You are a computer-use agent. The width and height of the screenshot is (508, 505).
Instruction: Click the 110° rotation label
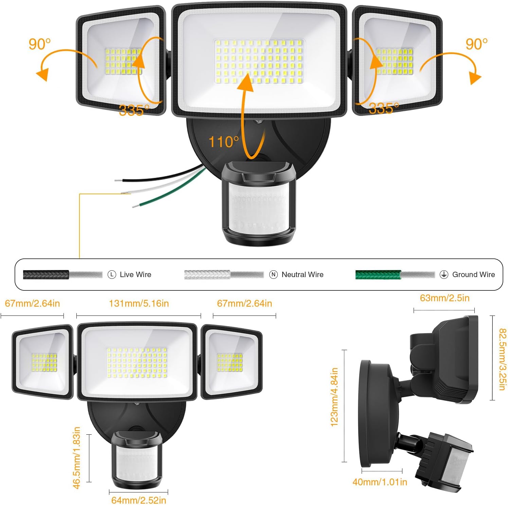pos(223,142)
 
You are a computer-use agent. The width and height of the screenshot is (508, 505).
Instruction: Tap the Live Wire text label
pos(135,274)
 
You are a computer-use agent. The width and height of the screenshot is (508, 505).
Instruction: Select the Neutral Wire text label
pos(303,274)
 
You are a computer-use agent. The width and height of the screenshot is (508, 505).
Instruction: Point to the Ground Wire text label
pos(473,274)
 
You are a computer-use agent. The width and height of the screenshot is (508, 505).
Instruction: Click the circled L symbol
pos(112,274)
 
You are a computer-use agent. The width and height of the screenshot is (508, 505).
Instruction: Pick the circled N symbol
pos(273,274)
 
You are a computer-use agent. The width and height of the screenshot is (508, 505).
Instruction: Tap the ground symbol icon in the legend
pos(444,274)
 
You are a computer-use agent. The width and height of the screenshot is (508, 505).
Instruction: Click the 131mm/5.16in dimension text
pos(139,303)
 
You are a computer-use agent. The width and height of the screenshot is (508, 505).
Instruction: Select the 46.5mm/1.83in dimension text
pos(77,458)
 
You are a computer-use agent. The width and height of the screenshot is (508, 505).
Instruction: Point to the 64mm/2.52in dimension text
pos(139,500)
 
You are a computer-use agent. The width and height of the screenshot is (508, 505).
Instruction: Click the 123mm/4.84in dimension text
pos(334,397)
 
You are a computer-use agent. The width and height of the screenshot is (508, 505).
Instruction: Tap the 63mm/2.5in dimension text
pos(445,298)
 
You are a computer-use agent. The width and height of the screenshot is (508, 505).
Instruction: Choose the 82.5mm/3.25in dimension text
pos(503,359)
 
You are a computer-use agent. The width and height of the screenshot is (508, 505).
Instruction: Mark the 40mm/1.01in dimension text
pos(380,482)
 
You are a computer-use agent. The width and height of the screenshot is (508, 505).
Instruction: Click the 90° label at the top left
pos(40,44)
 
